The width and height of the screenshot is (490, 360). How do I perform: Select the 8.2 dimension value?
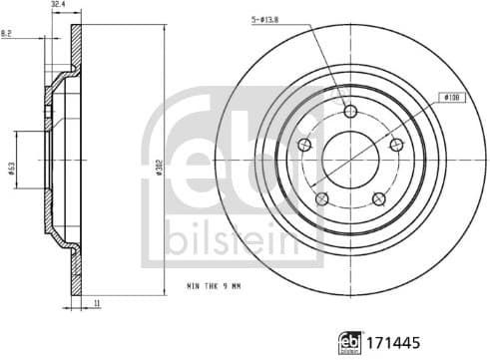[8, 34]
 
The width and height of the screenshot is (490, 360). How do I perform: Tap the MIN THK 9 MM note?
[214, 286]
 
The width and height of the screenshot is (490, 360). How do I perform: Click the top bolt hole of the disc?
[350, 111]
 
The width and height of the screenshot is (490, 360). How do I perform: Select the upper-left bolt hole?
[304, 146]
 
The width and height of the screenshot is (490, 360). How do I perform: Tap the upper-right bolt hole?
[397, 146]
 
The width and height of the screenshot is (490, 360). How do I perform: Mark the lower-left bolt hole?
[321, 200]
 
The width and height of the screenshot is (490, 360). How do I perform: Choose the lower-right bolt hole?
[379, 200]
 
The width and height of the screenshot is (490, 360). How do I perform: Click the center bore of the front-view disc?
[350, 161]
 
